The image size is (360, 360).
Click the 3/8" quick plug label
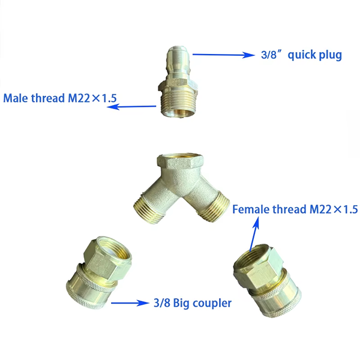point(301,55)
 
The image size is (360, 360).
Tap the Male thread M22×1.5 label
point(60,98)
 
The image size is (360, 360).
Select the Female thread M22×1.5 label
point(295,209)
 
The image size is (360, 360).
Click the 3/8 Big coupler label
point(193,303)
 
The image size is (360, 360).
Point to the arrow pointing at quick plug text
point(223,55)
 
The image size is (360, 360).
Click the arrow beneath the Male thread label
point(131,107)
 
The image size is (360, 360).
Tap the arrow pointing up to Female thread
point(254,234)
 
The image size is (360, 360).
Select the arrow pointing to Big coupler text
point(130,303)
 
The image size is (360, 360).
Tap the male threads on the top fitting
point(178,103)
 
